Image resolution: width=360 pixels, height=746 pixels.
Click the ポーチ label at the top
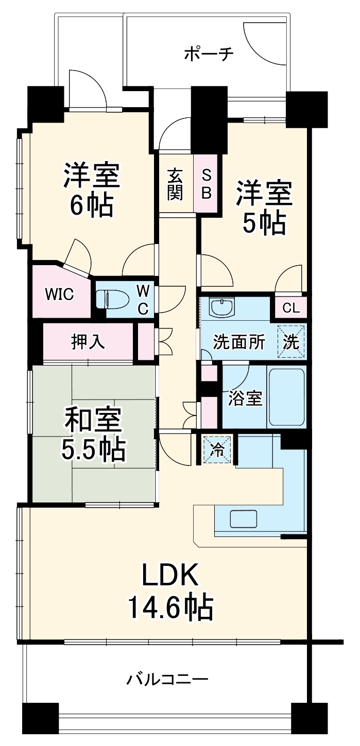pyautogui.click(x=209, y=54)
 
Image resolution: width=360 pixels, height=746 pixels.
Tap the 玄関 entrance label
pyautogui.click(x=175, y=184)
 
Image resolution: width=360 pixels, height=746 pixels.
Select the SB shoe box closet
pyautogui.click(x=206, y=184)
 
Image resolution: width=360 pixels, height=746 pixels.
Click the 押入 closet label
pyautogui.click(x=88, y=342)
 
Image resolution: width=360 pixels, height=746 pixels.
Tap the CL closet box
pyautogui.click(x=291, y=308)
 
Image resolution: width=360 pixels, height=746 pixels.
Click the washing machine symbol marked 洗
pyautogui.click(x=292, y=342)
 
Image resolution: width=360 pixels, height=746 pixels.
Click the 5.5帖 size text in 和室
pyautogui.click(x=93, y=450)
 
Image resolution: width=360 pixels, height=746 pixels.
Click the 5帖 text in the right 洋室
pyautogui.click(x=264, y=222)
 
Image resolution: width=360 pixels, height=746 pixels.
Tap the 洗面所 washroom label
pyautogui.click(x=239, y=342)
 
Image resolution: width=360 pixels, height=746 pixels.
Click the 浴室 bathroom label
pyautogui.click(x=246, y=398)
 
